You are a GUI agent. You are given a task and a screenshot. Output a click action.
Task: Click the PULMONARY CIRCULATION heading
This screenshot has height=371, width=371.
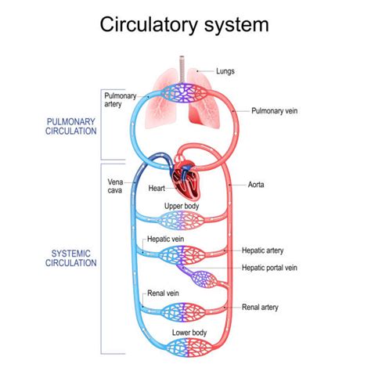coord(71,127)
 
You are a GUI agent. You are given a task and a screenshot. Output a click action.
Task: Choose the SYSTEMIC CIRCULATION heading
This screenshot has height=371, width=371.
coord(71,258)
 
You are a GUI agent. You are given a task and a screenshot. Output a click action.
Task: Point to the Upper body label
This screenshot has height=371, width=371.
coord(181,206)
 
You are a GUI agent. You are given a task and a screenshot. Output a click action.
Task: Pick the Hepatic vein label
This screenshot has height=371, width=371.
coord(165,240)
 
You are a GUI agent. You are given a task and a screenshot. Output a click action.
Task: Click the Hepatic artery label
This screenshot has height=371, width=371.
coord(263,250)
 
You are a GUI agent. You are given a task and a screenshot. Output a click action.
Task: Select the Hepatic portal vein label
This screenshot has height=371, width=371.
coord(270,268)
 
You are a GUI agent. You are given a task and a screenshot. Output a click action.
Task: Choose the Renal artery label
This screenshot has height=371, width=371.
coord(261,307)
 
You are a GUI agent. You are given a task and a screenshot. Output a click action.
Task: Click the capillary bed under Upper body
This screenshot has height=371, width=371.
coord(185,221)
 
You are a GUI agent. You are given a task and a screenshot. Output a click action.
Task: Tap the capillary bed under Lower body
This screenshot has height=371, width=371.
coord(185,349)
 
